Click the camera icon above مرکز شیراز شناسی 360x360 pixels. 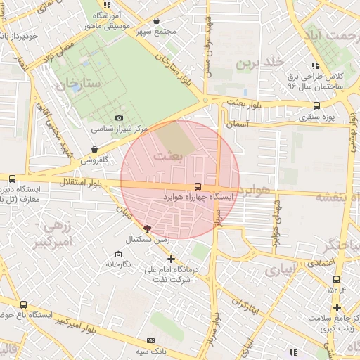(119, 117)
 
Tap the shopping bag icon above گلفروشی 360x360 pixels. (94, 149)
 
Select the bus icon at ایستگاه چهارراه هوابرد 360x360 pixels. (198, 186)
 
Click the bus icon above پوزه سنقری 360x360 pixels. (316, 105)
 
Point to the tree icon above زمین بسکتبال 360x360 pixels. (147, 229)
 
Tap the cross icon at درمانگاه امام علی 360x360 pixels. (170, 259)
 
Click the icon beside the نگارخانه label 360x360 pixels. (117, 254)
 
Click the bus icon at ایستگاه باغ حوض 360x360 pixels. (24, 304)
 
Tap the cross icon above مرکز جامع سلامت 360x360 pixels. (337, 307)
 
